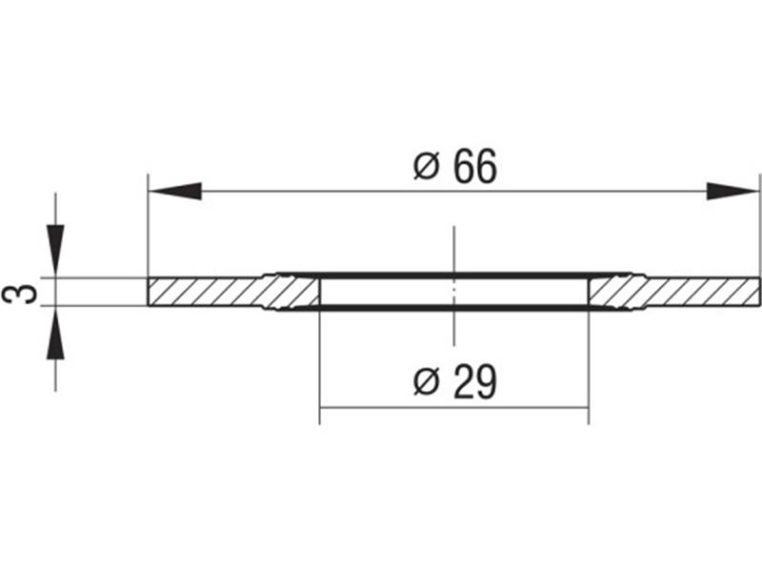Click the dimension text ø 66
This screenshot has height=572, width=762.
pyautogui.click(x=455, y=166)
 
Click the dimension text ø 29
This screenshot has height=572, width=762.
pyautogui.click(x=455, y=382)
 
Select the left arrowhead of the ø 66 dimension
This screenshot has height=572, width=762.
pyautogui.click(x=175, y=192)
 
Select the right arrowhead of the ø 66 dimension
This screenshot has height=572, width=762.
pyautogui.click(x=732, y=192)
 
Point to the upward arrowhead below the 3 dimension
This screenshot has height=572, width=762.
pyautogui.click(x=55, y=333)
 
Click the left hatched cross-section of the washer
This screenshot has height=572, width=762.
pyautogui.click(x=233, y=292)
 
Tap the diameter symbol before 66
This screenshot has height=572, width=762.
pyautogui.click(x=427, y=166)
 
